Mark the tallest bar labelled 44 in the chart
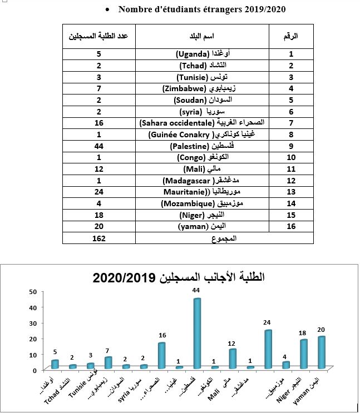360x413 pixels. pyautogui.click(x=196, y=334)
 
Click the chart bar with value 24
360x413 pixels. pyautogui.click(x=269, y=349)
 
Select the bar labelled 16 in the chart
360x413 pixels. pyautogui.click(x=161, y=355)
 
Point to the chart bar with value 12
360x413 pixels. pyautogui.click(x=233, y=359)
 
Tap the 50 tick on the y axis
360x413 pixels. pyautogui.click(x=33, y=292)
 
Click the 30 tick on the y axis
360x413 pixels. pyautogui.click(x=33, y=323)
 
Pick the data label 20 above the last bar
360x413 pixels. pyautogui.click(x=321, y=330)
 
